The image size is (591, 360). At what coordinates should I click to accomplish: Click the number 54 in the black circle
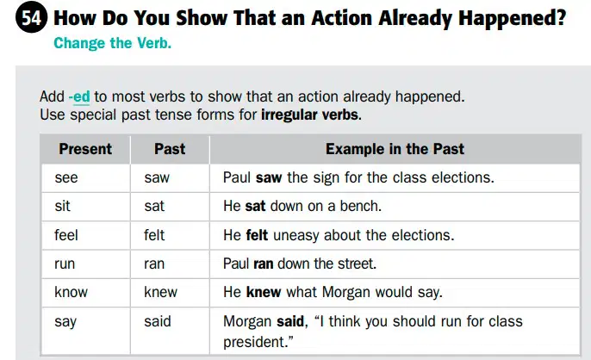[x=31, y=17]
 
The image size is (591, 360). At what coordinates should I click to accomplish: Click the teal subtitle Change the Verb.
[x=112, y=43]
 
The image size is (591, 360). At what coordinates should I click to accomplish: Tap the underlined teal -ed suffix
[x=79, y=96]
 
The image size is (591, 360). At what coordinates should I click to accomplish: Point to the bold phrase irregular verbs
[x=311, y=115]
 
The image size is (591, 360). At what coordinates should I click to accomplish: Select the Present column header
[x=85, y=149]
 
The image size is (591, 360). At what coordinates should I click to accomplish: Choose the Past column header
[x=170, y=149]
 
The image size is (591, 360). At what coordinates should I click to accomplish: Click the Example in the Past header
[x=395, y=149]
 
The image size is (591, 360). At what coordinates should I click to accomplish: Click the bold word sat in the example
[x=255, y=206]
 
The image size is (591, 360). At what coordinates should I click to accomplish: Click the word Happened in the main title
[x=513, y=18]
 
